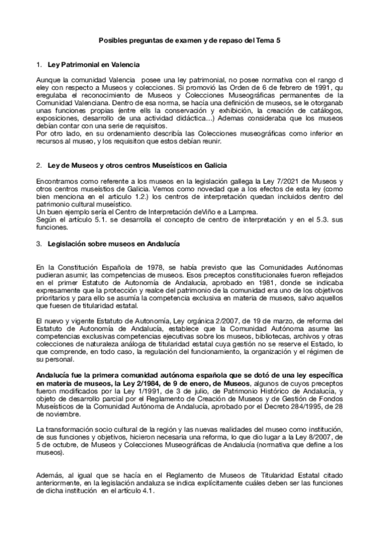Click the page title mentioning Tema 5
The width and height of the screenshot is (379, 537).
tap(190, 40)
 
